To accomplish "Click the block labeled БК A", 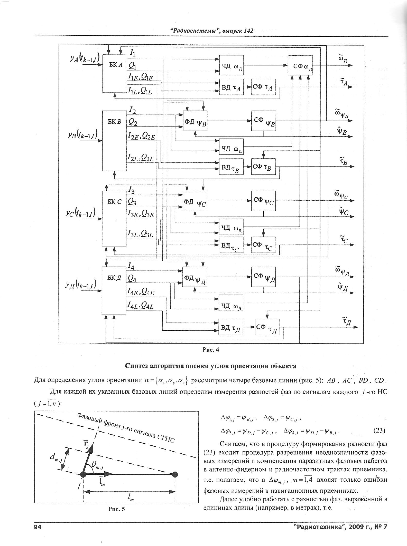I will click(115, 73).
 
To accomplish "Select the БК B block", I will click(114, 141).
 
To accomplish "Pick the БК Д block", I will click(114, 291).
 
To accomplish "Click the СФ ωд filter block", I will click(300, 65).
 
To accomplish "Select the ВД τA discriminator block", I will click(231, 87).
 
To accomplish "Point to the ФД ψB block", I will click(195, 121).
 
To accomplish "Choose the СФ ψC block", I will click(263, 201).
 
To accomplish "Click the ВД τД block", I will click(231, 327).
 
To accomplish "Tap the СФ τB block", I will click(263, 167).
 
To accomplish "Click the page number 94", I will click(38, 527).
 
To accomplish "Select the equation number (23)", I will click(379, 430).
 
